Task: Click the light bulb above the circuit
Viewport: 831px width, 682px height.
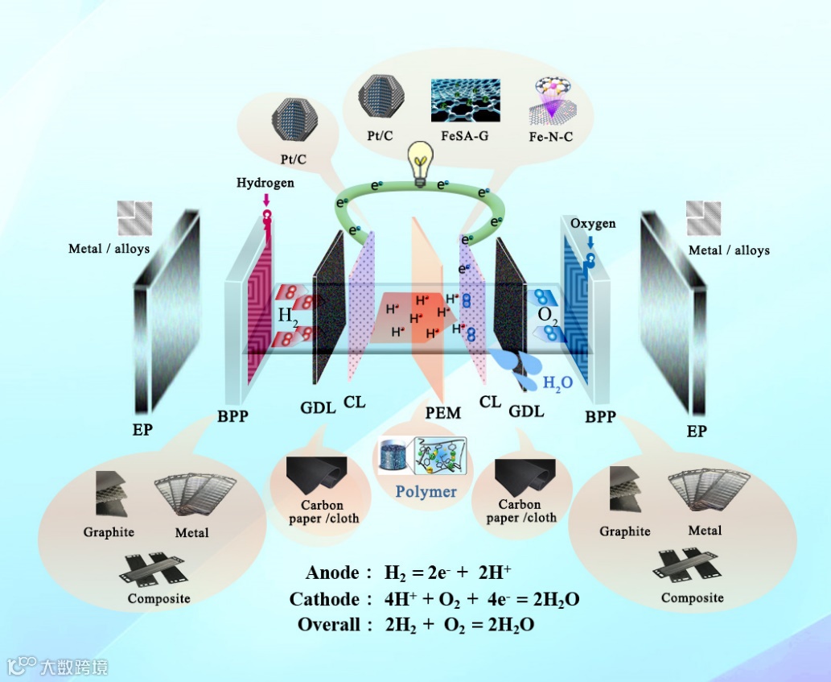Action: coord(418,163)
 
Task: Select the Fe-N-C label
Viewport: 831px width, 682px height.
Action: coord(550,137)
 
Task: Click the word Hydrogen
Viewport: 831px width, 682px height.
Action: coord(265,183)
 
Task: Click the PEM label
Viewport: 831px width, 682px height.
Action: coord(443,414)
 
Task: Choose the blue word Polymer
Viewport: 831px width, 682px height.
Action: coord(426,491)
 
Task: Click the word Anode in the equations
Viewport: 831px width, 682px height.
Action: coord(332,573)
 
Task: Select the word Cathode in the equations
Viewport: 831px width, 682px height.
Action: coord(325,600)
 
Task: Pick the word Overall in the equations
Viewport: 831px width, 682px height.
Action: coord(329,625)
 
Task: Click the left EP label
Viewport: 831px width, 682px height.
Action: coord(142,431)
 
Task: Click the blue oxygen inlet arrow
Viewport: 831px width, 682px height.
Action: coord(591,241)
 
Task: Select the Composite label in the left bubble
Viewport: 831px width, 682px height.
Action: coord(158,598)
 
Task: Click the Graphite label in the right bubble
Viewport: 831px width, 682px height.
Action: coord(625,531)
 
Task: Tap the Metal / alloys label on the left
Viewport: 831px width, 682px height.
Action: coord(109,249)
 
